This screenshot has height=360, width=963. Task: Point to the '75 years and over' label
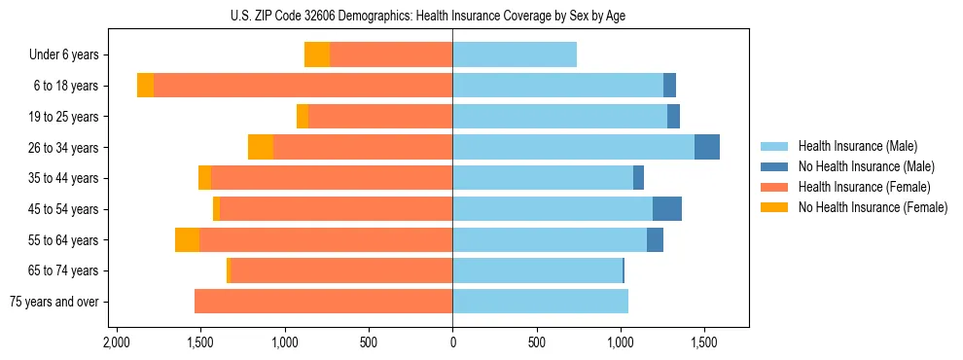tap(54, 302)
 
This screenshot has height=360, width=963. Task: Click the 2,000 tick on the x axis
tap(117, 343)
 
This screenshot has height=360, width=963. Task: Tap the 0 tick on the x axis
tap(452, 343)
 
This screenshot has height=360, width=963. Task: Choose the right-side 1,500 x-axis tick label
tap(704, 343)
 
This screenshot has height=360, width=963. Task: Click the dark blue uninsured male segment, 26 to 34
tap(707, 147)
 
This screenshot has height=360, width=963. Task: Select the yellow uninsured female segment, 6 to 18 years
tap(145, 86)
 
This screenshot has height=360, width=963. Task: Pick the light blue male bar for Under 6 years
tap(515, 54)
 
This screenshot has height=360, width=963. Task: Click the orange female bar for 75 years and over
tap(323, 302)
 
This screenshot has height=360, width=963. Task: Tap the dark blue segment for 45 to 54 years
tap(667, 209)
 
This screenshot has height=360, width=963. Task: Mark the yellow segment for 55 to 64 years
tap(187, 240)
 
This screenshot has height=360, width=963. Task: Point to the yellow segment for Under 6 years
tap(317, 54)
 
